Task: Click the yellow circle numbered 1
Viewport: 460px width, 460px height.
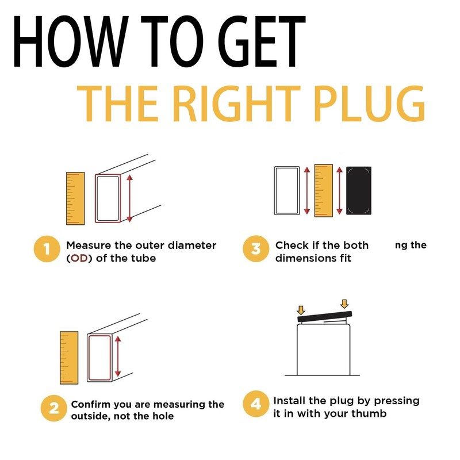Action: coord(47,249)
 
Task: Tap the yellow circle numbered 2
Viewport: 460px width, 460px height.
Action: coord(54,408)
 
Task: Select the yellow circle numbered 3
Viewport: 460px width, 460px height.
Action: coord(256,249)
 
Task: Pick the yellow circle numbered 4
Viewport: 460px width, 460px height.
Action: coord(256,404)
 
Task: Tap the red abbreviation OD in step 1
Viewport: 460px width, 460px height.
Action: coord(79,258)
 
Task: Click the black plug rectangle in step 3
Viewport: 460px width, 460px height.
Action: coord(358,190)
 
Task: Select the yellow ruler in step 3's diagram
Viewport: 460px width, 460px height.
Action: coord(324,190)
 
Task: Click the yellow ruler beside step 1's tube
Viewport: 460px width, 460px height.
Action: coord(75,198)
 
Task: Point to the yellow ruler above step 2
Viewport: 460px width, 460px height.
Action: coord(69,358)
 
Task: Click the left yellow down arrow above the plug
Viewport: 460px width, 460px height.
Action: coord(301,310)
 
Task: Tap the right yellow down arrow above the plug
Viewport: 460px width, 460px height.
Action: coord(344,304)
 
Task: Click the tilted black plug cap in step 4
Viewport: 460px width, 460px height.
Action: coord(324,317)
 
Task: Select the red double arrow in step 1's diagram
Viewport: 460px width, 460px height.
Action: coord(130,198)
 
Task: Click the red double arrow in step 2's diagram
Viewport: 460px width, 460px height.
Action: coord(118,356)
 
